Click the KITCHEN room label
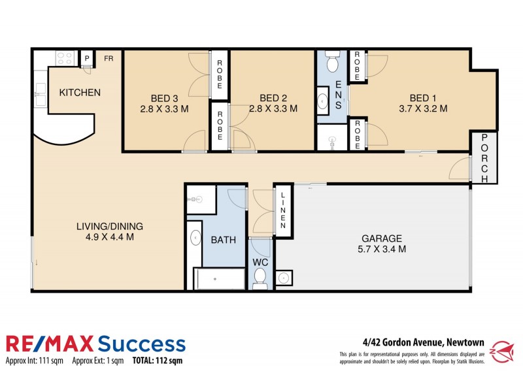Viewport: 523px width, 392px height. click(x=80, y=92)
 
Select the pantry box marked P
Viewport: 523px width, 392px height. click(x=86, y=58)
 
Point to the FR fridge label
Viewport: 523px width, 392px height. click(x=108, y=58)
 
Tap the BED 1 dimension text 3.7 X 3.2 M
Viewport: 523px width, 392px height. click(x=423, y=108)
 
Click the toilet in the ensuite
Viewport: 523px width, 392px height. click(x=331, y=63)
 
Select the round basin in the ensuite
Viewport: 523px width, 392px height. click(x=324, y=102)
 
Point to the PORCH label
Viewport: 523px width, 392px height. click(x=484, y=157)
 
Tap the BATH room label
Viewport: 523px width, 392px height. click(x=223, y=240)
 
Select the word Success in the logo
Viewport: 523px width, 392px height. click(x=142, y=344)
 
